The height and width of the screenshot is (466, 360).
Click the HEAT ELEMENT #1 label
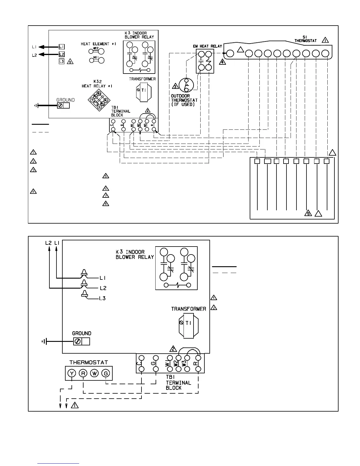pyautogui.click(x=99, y=44)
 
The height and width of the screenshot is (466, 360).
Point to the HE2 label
pyautogui.click(x=96, y=48)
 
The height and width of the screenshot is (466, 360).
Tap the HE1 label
pyautogui.click(x=96, y=58)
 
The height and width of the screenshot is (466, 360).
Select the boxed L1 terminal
pyautogui.click(x=61, y=47)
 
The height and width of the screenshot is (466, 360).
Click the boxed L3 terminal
pyautogui.click(x=61, y=61)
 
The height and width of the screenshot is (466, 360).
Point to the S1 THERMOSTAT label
pyautogui.click(x=305, y=39)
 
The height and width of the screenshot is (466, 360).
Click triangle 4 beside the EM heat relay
pyautogui.click(x=222, y=62)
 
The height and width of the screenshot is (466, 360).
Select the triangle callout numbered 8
pyautogui.click(x=106, y=203)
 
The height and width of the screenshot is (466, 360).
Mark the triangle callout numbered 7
pyautogui.click(x=106, y=195)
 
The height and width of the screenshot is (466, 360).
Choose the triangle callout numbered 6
pyautogui.click(x=106, y=188)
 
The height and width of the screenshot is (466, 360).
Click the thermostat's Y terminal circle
pyautogui.click(x=71, y=373)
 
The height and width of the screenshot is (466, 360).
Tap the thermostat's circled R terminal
pyautogui.click(x=83, y=373)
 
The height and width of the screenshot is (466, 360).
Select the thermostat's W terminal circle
pyautogui.click(x=94, y=373)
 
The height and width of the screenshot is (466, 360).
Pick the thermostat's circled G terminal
pyautogui.click(x=106, y=373)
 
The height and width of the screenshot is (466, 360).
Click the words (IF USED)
pyautogui.click(x=183, y=104)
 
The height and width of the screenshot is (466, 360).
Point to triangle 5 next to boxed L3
pyautogui.click(x=70, y=61)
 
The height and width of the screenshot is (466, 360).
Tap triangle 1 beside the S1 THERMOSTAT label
pyautogui.click(x=325, y=40)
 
